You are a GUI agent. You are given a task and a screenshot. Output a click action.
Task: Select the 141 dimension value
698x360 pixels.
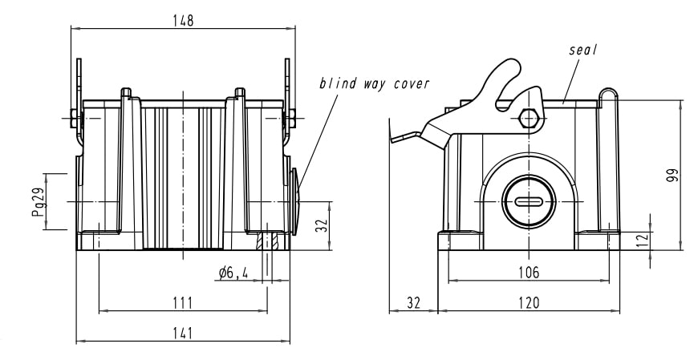pos(183,334)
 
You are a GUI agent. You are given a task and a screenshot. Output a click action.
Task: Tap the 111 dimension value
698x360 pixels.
pos(183,301)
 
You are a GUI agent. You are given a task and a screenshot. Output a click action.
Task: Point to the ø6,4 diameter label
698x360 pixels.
pos(233,273)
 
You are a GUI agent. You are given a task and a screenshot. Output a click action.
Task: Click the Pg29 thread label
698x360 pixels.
pos(38,201)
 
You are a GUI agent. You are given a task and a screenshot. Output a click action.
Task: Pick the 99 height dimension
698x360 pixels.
pos(672,176)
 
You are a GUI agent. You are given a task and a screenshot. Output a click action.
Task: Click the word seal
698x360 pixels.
pos(584,49)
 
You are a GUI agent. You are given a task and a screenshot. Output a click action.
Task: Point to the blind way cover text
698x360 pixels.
pos(374,83)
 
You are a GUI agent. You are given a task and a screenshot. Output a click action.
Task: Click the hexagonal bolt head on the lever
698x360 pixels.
pos(528,118)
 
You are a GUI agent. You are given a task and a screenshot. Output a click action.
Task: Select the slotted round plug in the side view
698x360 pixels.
pos(527,201)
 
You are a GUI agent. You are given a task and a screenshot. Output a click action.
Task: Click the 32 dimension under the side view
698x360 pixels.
pos(412,302)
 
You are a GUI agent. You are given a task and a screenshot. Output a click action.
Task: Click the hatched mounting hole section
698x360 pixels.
pos(267,241)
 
